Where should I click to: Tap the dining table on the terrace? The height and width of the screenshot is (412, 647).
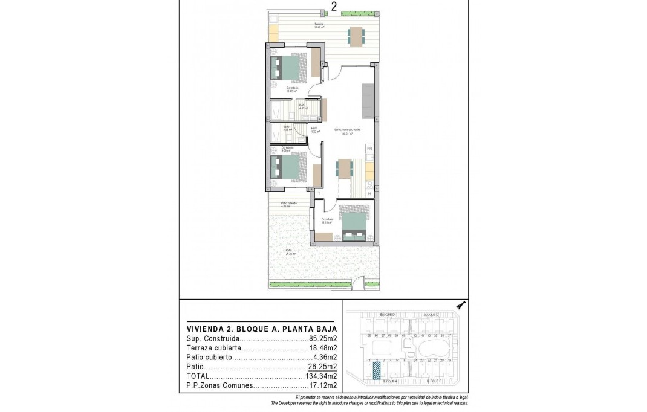click(356, 36)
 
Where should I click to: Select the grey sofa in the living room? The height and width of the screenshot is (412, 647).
click(368, 101)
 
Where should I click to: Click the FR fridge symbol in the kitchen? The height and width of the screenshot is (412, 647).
click(369, 148)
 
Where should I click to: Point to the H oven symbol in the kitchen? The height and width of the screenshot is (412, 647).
click(369, 193)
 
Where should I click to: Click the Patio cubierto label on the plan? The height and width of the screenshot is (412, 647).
click(288, 204)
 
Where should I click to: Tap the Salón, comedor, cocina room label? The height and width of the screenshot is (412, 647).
click(348, 129)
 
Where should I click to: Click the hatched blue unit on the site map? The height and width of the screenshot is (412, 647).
click(376, 370)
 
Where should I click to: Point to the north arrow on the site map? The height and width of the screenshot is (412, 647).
click(461, 306)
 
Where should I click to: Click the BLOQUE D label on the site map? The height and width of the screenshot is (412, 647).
click(388, 315)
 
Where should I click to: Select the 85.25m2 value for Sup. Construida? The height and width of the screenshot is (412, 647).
click(323, 339)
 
